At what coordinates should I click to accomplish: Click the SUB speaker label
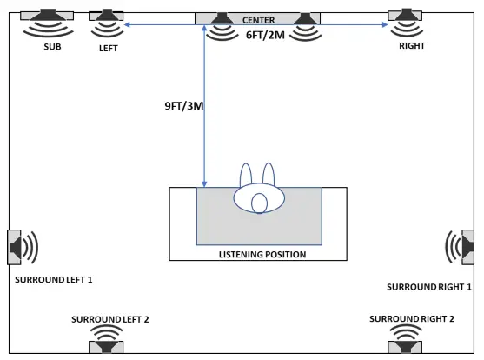pyautogui.click(x=52, y=47)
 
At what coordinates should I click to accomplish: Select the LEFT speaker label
pyautogui.click(x=108, y=49)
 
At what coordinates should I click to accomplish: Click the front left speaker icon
pyautogui.click(x=108, y=22)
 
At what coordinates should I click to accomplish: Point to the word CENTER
pyautogui.click(x=258, y=19)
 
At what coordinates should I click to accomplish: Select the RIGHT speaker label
pyautogui.click(x=411, y=45)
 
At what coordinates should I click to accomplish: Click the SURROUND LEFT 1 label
pyautogui.click(x=54, y=280)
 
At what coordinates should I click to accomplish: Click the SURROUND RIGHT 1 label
pyautogui.click(x=429, y=286)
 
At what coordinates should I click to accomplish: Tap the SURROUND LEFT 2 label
pyautogui.click(x=109, y=319)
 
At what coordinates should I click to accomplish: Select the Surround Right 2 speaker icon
pyautogui.click(x=405, y=338)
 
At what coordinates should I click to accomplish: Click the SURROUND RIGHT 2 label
pyautogui.click(x=412, y=319)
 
